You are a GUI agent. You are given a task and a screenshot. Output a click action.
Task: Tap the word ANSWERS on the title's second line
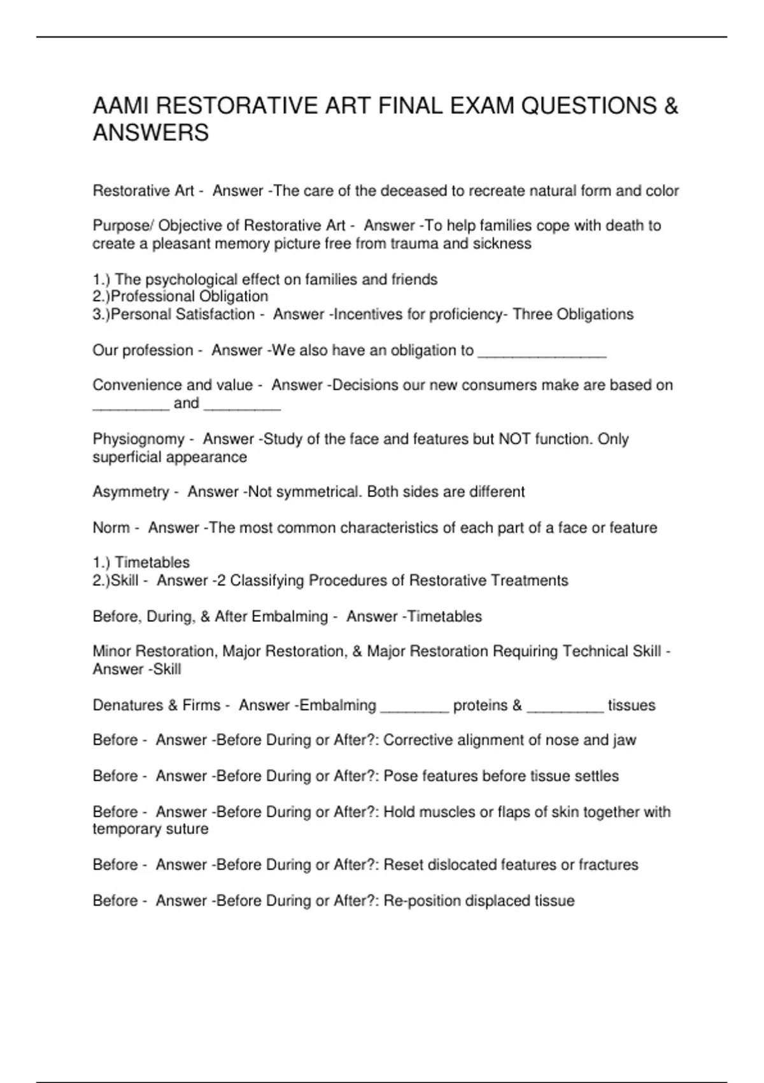click(x=151, y=133)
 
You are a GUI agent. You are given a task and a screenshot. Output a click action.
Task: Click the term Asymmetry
click(x=131, y=492)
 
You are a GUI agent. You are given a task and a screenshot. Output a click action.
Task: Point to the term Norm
click(x=111, y=527)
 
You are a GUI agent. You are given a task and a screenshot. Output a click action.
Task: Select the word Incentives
click(x=369, y=314)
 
